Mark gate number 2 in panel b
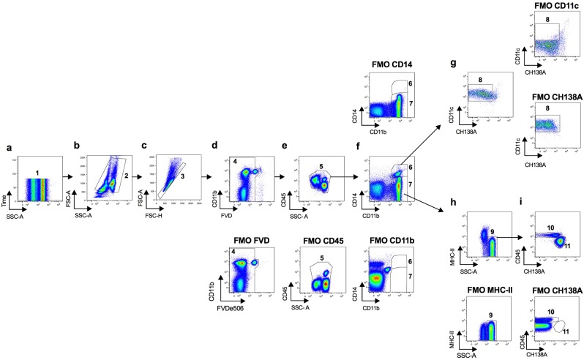pyautogui.click(x=125, y=176)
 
